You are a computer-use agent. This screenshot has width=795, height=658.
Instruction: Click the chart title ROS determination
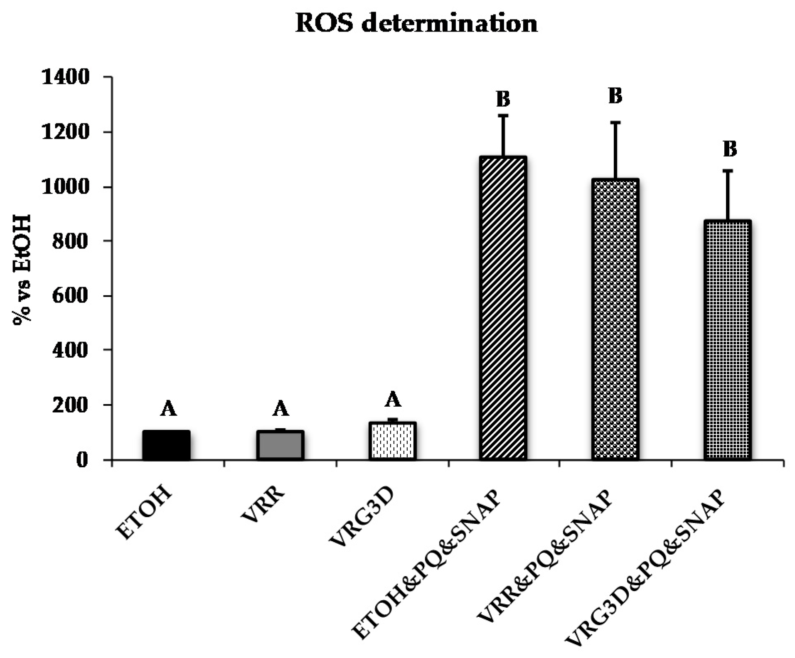[416, 24]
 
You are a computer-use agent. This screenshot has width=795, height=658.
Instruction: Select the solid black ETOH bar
[166, 445]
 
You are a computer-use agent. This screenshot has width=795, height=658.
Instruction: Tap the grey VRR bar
[280, 445]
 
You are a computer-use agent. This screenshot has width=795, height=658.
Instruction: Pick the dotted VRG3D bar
[392, 441]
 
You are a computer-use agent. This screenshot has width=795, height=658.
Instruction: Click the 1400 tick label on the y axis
[66, 77]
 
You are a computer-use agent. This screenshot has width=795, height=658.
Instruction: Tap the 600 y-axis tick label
[71, 296]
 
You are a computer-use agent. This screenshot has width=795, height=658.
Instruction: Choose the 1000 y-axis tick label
[66, 187]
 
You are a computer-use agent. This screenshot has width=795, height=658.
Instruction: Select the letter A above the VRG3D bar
[393, 400]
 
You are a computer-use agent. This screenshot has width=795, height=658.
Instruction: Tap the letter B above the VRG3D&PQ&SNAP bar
[730, 149]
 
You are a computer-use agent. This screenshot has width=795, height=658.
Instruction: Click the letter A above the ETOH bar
[168, 409]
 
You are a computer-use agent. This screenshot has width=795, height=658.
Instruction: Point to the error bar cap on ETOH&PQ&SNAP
[503, 115]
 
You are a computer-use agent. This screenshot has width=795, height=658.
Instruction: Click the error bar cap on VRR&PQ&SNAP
[615, 122]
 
